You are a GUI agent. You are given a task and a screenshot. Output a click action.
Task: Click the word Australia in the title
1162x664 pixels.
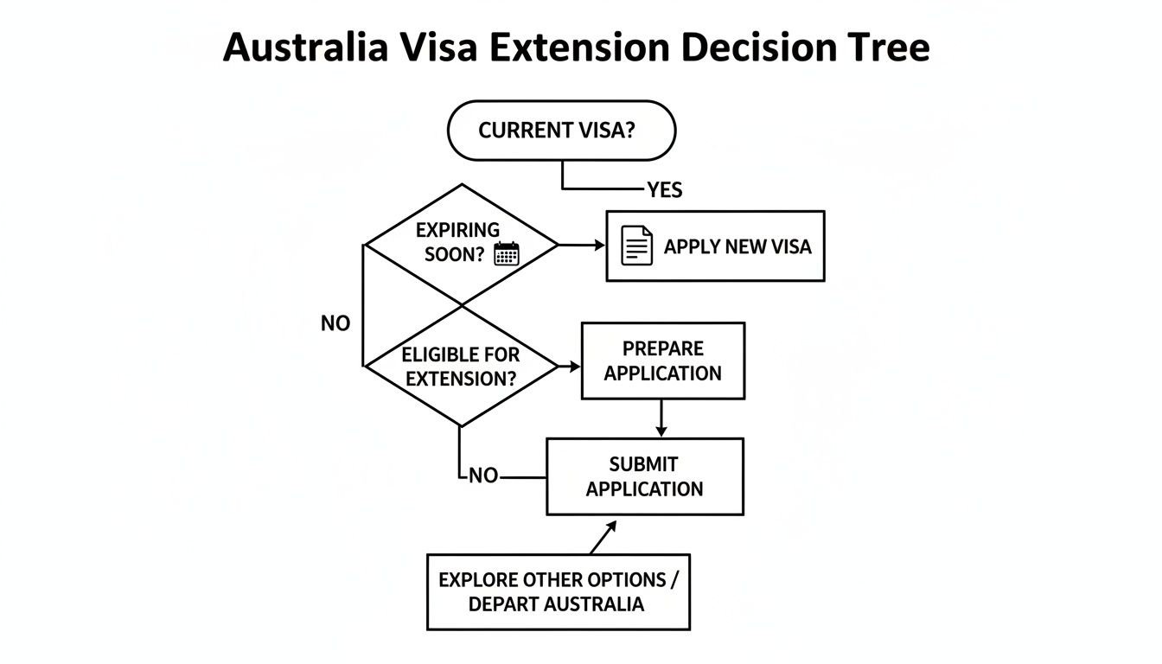304,48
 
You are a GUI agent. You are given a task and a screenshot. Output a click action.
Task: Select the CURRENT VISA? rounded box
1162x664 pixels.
561,131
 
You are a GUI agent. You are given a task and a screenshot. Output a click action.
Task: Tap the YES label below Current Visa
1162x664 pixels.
664,189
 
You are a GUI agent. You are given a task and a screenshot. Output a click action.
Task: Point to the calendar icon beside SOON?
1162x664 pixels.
506,253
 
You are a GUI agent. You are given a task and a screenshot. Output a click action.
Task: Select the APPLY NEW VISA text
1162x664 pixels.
737,246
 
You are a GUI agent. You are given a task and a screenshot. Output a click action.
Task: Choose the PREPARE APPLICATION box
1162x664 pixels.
662,361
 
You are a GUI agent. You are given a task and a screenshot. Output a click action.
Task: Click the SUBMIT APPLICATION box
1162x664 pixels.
644,476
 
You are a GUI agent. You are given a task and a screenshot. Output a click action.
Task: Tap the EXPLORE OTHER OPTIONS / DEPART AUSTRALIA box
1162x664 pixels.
558,591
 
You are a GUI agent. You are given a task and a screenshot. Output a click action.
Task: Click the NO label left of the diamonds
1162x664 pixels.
335,323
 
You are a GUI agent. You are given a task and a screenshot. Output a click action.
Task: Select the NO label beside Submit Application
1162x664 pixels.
483,476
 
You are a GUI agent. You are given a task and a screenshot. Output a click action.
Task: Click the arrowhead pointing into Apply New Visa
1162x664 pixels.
599,246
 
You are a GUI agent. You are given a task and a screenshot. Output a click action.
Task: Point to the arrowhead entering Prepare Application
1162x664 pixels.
575,367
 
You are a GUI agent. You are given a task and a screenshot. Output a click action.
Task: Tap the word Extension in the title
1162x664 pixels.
578,48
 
